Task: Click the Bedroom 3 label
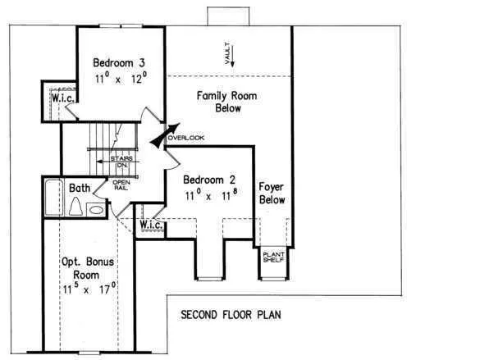119,62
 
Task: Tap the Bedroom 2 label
209,180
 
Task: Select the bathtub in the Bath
54,198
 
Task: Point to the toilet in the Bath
75,206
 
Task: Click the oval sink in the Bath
96,210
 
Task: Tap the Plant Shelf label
274,257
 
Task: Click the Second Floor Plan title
231,315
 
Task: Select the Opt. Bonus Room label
88,268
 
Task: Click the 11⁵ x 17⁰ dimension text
89,289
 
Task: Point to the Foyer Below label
272,194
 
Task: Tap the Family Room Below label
226,102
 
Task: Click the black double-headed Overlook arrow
165,136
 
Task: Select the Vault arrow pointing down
232,56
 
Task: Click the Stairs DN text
121,162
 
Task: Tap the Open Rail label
121,185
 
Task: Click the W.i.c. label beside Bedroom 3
62,98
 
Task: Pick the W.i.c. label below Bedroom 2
151,225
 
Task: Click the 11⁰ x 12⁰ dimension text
121,78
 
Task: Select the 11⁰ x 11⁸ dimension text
211,194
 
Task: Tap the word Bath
80,188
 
